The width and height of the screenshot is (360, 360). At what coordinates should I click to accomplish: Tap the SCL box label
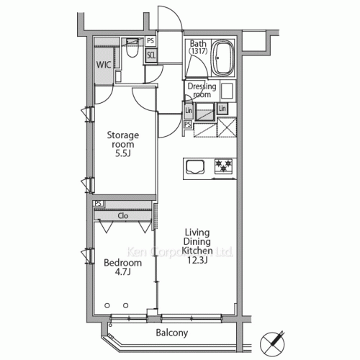[x=151, y=55]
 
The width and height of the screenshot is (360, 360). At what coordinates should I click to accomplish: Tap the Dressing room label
[x=202, y=90]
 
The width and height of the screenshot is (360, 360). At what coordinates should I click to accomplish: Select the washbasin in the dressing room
[x=227, y=91]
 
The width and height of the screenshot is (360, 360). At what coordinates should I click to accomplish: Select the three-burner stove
[x=224, y=167]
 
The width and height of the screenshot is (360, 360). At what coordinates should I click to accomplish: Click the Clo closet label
[x=123, y=215]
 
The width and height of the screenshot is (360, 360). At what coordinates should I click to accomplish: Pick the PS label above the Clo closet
[x=99, y=204]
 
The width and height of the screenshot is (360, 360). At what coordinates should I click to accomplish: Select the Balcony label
[x=171, y=333]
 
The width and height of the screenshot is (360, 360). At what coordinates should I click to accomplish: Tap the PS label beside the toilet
[x=150, y=42]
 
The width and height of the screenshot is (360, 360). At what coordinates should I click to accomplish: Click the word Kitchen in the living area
[x=197, y=251]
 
